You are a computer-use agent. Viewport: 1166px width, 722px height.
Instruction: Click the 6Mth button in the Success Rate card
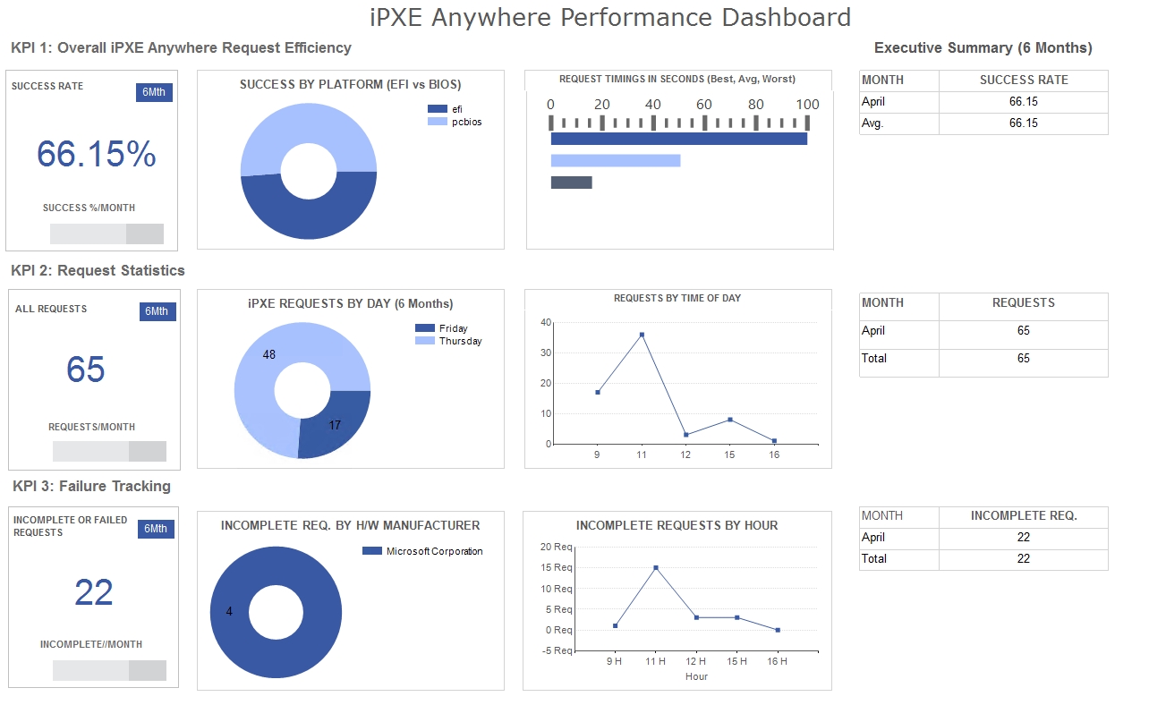click(153, 92)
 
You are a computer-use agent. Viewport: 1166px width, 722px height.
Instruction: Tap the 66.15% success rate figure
click(97, 155)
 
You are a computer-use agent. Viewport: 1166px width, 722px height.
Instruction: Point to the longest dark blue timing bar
click(678, 139)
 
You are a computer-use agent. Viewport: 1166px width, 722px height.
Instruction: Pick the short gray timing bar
click(571, 183)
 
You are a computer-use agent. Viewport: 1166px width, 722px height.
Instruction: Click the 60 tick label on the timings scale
click(704, 105)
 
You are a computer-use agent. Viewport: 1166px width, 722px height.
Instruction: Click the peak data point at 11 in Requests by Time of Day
click(642, 335)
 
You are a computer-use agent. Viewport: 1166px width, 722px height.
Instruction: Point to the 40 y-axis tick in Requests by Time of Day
click(546, 322)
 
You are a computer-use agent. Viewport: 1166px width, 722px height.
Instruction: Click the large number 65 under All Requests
click(86, 369)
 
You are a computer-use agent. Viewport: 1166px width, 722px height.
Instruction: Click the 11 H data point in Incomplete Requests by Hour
click(656, 567)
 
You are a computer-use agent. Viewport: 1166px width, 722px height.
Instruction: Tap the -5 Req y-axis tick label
click(557, 650)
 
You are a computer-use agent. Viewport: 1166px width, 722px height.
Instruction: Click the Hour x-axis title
click(696, 676)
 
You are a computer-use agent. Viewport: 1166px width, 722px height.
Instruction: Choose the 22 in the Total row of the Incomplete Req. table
click(1023, 558)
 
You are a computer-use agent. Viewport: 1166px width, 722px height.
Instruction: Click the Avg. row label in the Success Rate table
click(872, 123)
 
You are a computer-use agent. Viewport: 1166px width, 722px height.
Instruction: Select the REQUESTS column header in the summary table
click(1023, 303)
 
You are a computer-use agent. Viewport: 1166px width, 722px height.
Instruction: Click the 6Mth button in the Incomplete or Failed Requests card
click(156, 529)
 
